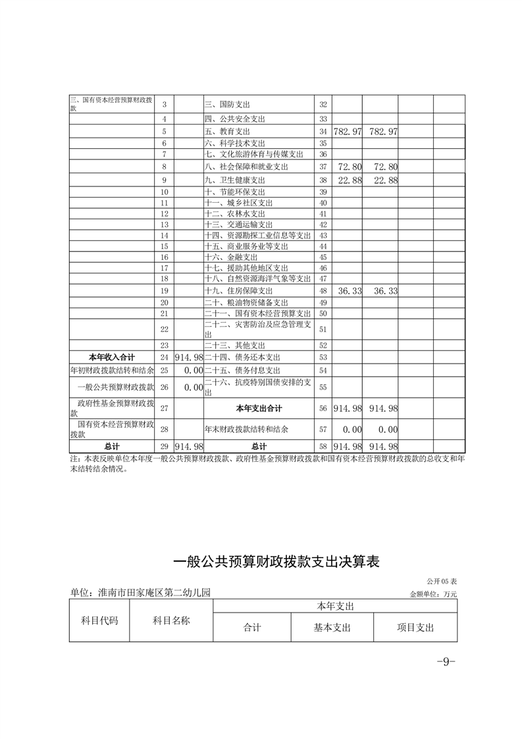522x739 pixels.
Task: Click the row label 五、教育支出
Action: coord(226,132)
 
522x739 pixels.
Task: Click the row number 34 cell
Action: coord(323,132)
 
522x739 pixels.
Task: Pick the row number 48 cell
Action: coord(323,290)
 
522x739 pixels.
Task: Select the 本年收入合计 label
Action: coord(111,356)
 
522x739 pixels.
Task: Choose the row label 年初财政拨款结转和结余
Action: coord(111,370)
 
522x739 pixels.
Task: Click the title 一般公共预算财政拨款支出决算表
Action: coord(276,561)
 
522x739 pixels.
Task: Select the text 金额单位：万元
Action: coord(433,594)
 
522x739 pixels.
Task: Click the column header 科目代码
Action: coord(99,620)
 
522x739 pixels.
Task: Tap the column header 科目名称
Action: coord(171,620)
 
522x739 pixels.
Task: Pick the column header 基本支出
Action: coord(332,628)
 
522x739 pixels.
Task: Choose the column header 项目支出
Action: coord(415,628)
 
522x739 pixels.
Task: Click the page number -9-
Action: coord(446,662)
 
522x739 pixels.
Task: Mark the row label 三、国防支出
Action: coord(226,105)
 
